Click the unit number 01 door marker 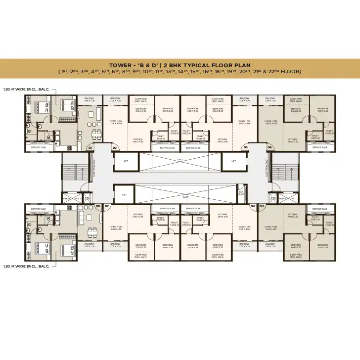[90, 147]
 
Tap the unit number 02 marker [114, 147]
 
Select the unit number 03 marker [245, 147]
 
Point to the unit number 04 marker [270, 147]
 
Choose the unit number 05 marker [262, 206]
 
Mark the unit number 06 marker [253, 206]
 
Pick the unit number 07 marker [106, 206]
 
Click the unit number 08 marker [97, 206]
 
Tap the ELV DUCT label [241, 193]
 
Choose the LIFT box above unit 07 [124, 195]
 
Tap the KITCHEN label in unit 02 [138, 140]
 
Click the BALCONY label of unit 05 [270, 244]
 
